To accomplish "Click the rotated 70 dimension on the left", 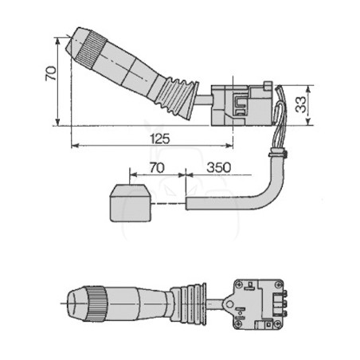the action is point(51,73).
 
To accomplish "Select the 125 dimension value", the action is point(159,139).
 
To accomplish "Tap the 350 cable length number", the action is point(219,167).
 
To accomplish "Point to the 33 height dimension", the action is point(300,105).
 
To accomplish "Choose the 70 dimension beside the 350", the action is point(157,168).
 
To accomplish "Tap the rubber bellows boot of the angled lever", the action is point(177,98).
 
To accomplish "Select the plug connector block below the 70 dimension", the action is point(131,203).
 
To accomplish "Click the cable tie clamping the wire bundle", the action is point(278,154).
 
